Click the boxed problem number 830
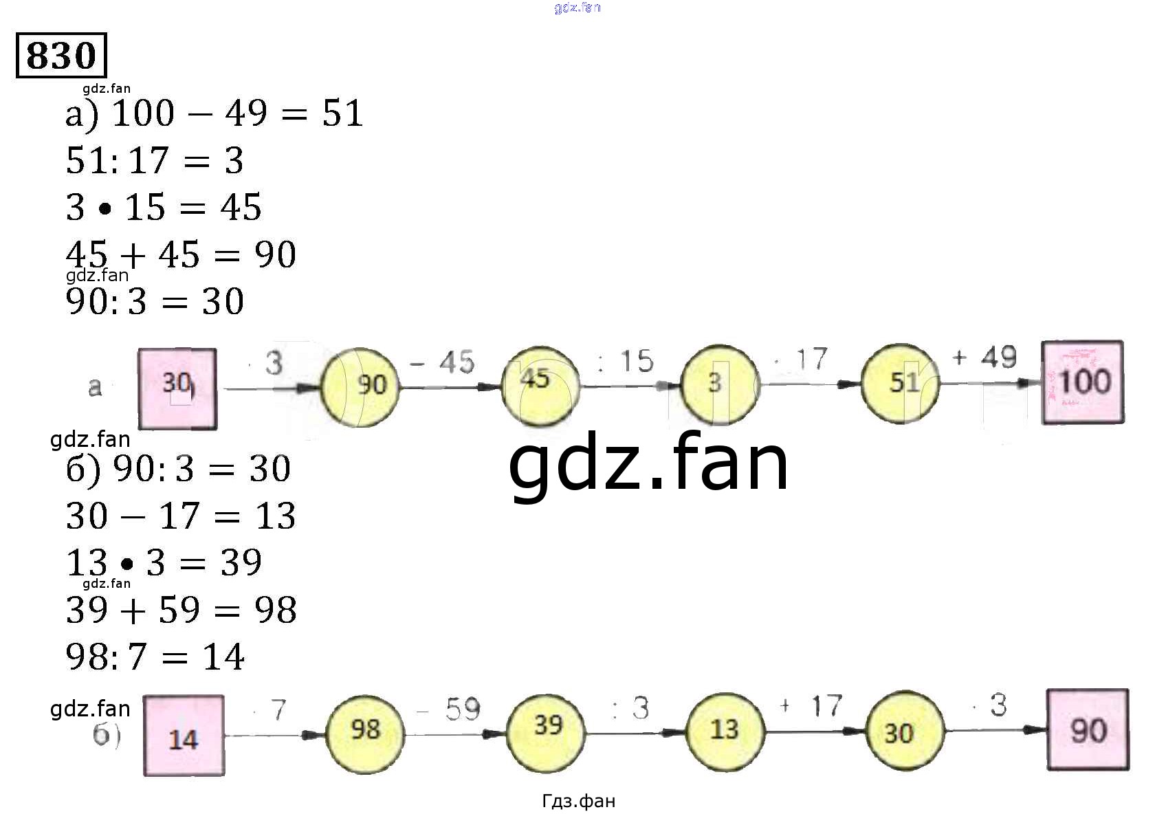point(61,55)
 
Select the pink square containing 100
point(1083,382)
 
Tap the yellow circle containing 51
point(901,384)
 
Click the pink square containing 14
point(184,736)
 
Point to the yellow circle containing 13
point(725,730)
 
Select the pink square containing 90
point(1088,729)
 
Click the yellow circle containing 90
point(360,386)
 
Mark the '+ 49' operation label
point(984,357)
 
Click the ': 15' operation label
point(626,362)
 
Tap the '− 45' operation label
point(443,362)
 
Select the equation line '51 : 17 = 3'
point(155,161)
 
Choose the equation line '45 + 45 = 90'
point(181,254)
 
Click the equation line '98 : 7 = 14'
point(155,657)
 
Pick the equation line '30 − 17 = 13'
point(181,516)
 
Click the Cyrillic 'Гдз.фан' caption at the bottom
point(578,801)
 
